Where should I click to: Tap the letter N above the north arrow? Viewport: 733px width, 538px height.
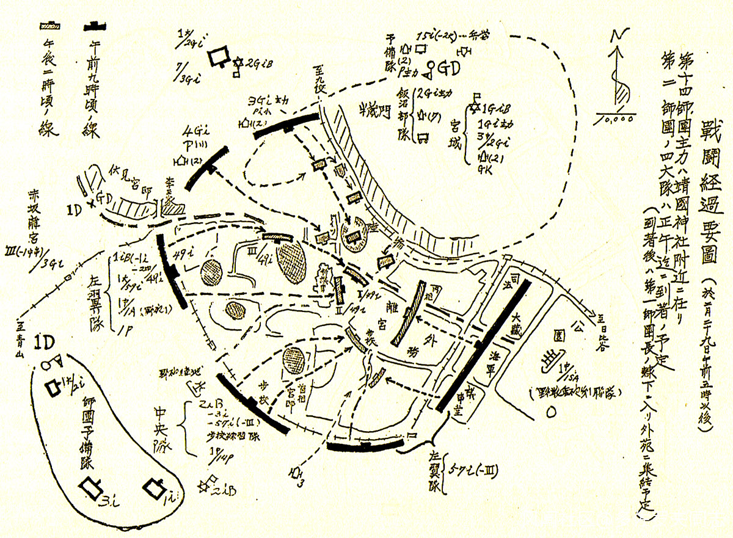click(x=619, y=37)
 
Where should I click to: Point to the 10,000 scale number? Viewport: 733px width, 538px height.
click(x=621, y=120)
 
